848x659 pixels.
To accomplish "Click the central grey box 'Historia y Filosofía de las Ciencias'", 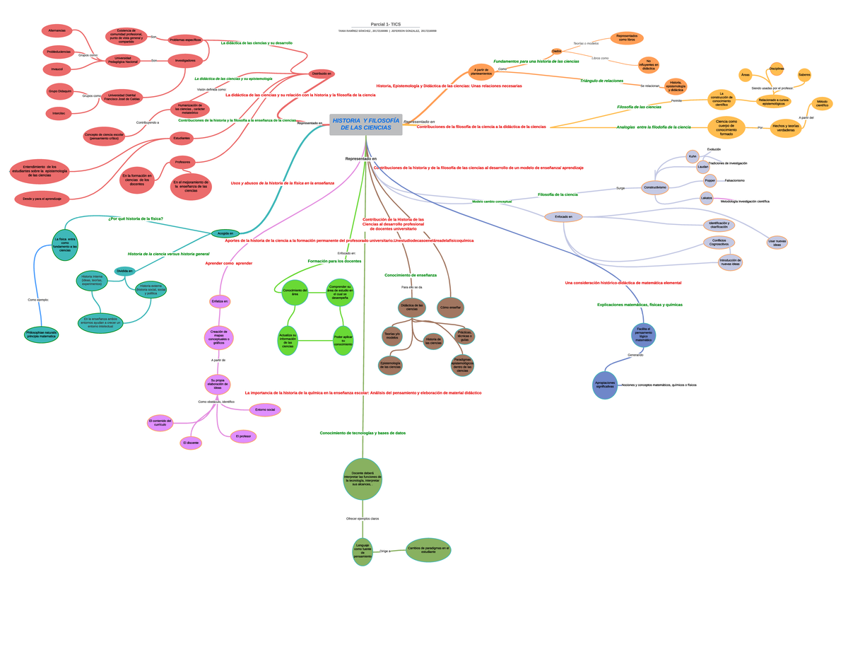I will point(365,124).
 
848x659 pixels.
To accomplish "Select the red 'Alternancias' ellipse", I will point(57,31).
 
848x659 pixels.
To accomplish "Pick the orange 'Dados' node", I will point(557,51).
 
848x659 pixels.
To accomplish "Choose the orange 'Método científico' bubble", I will point(822,104).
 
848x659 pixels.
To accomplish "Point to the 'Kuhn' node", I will point(693,156).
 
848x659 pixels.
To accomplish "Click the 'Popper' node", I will point(710,180).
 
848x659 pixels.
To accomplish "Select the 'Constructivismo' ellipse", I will point(655,187).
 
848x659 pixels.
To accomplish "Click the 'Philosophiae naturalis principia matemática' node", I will point(41,334).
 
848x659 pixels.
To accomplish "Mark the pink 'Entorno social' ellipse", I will point(265,409).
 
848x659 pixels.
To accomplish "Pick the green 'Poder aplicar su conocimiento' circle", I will point(343,341).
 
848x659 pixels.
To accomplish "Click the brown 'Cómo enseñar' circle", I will point(450,308).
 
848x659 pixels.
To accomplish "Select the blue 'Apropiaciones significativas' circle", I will point(605,385).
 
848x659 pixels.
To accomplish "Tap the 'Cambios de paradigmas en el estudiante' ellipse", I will point(428,550).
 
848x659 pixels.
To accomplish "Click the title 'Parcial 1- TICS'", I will point(386,24).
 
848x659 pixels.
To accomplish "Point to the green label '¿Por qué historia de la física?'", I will point(136,218).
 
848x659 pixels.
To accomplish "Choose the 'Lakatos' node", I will point(707,199).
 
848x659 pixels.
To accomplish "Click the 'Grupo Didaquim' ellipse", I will point(61,91).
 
